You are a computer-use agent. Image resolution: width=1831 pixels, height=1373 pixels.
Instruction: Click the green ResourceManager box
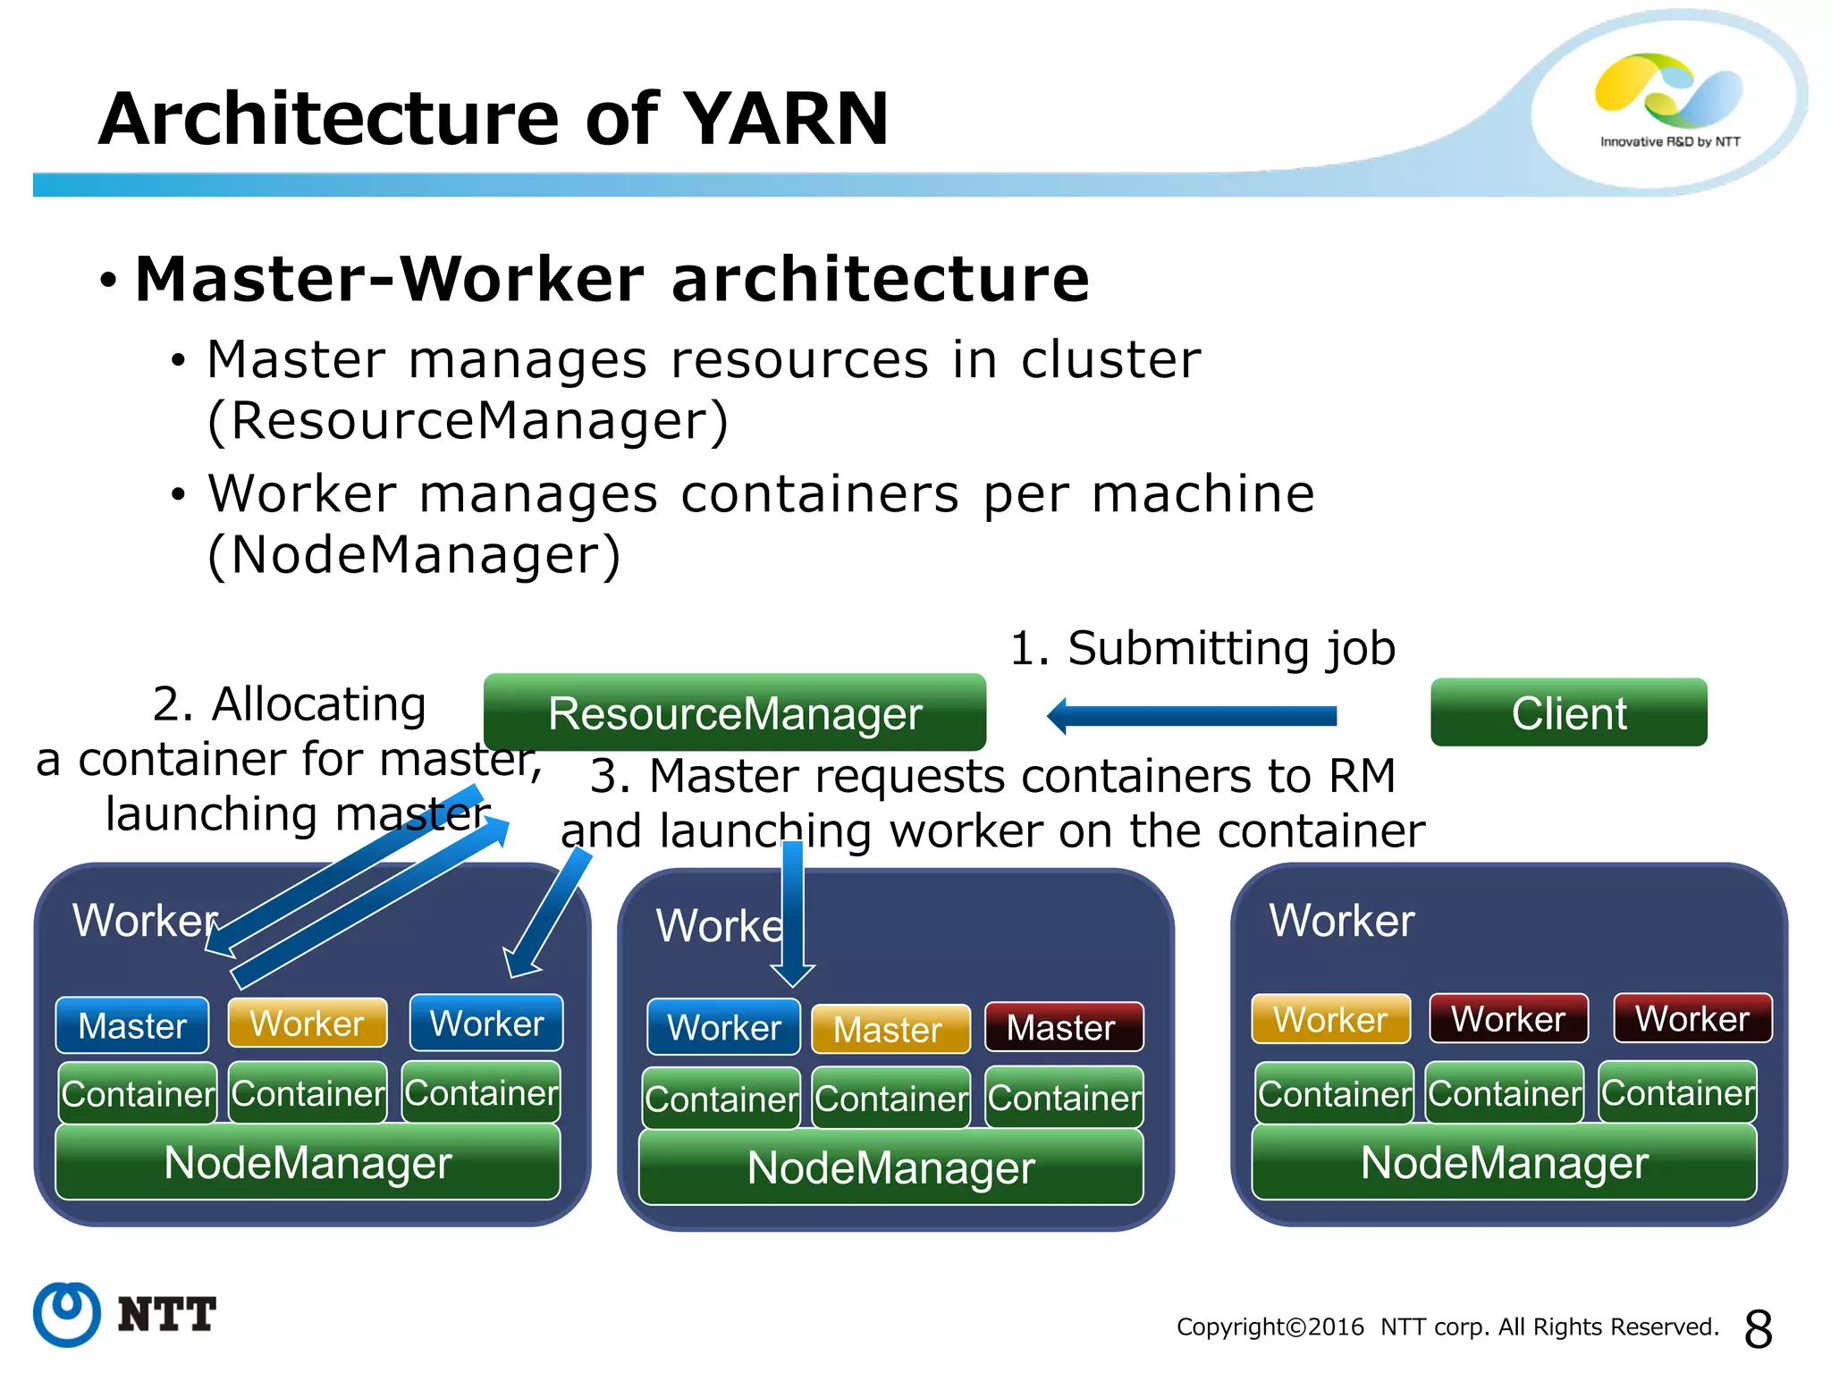[734, 712]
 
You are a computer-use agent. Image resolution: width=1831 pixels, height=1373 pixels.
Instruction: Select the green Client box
[1568, 712]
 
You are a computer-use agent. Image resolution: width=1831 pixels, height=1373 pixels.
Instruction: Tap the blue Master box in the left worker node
[132, 1025]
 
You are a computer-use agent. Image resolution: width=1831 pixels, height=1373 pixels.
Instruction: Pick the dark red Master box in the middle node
[1063, 1027]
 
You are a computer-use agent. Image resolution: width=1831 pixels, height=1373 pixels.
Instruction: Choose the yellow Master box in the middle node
[890, 1029]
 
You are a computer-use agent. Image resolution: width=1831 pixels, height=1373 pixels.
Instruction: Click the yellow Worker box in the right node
[1330, 1019]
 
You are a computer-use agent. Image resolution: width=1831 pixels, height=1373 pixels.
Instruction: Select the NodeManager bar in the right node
[1504, 1162]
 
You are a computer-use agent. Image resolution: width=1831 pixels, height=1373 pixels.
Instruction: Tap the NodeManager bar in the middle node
[890, 1167]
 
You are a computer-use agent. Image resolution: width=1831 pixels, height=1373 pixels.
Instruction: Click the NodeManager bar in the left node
[308, 1162]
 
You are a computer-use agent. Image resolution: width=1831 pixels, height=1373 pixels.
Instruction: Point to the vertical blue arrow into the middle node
[793, 912]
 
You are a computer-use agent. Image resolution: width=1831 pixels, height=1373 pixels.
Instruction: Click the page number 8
[1758, 1329]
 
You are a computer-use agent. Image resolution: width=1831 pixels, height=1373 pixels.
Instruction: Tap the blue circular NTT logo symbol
[67, 1314]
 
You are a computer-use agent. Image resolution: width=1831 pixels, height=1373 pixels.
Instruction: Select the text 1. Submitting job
[1202, 648]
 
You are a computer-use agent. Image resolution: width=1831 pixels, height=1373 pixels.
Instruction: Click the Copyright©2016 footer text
[1270, 1327]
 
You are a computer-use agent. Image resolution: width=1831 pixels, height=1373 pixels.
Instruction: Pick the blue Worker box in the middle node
[723, 1027]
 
